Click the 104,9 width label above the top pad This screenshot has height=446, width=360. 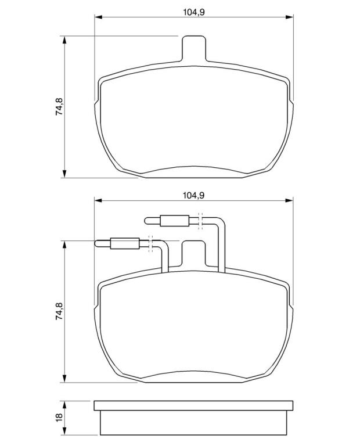[x=194, y=12]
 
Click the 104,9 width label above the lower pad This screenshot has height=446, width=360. [x=194, y=195]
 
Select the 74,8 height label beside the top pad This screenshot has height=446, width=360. [x=59, y=106]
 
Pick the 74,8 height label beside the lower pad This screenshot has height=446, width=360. [x=59, y=311]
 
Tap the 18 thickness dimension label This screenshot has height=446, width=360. [x=59, y=418]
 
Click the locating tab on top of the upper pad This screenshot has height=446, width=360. [x=193, y=48]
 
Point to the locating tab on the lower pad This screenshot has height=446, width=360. [x=193, y=253]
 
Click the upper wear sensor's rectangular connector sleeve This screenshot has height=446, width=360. [x=175, y=221]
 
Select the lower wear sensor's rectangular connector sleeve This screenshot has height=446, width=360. [x=125, y=243]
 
